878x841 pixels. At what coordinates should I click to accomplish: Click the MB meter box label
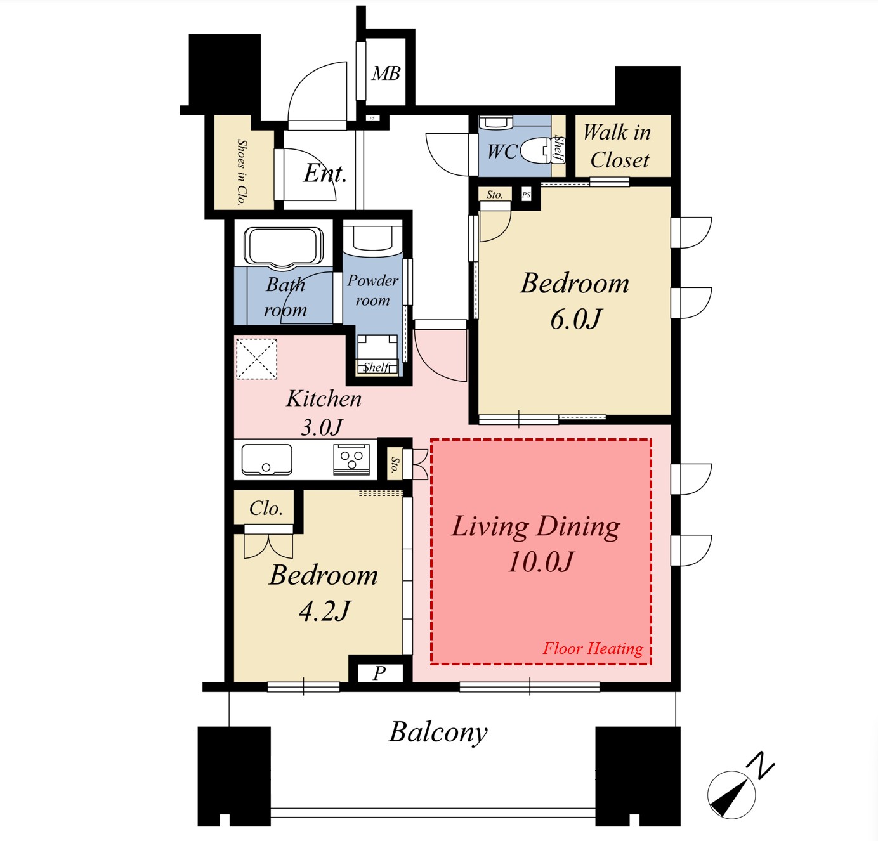point(386,73)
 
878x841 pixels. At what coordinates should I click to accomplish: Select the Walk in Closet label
point(618,146)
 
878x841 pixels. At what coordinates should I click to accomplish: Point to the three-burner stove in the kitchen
point(351,459)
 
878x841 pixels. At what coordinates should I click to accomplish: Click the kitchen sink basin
point(266,459)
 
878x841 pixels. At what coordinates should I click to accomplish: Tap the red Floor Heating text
point(593,649)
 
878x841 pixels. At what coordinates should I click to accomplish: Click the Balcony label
point(438,733)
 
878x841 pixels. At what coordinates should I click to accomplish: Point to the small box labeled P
point(379,673)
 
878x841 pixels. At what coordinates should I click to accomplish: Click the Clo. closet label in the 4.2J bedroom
point(266,509)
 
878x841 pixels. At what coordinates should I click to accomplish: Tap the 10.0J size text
point(540,562)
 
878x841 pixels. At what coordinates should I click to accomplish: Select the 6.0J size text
point(575,320)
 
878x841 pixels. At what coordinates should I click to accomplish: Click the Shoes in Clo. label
point(242,173)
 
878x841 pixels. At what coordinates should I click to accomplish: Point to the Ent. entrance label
point(325,173)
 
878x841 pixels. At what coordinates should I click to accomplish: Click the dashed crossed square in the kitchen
point(256,359)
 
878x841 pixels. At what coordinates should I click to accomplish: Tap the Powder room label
point(372,290)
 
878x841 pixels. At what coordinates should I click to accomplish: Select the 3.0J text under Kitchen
point(322,427)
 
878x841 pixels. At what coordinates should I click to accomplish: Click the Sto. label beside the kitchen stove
point(395,465)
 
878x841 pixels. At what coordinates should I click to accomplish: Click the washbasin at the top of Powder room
point(372,238)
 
